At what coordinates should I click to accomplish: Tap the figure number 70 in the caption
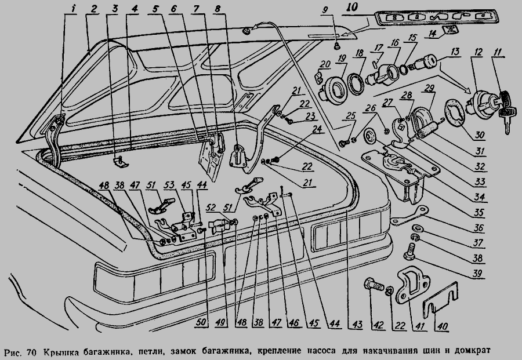[x=31, y=352]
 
